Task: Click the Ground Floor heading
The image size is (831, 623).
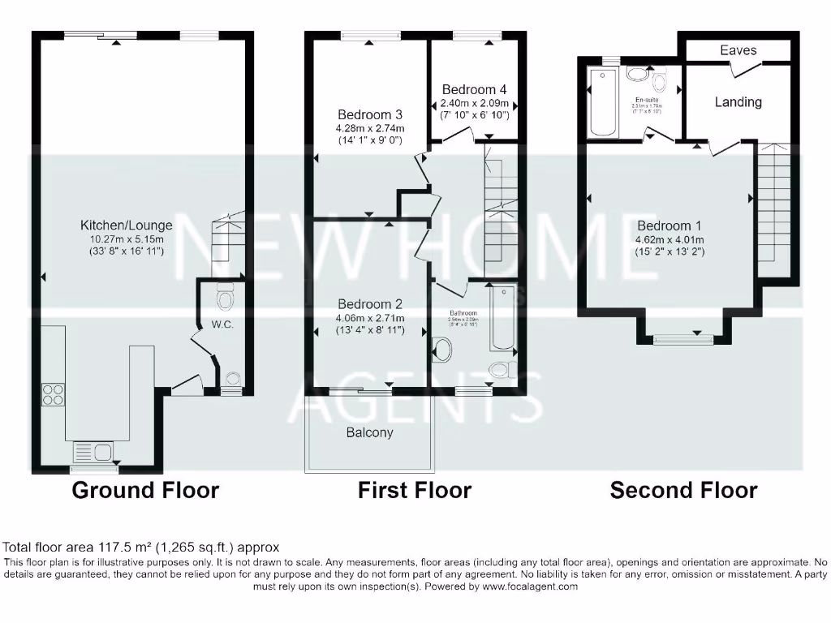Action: (145, 490)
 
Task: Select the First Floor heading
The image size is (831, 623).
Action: (415, 490)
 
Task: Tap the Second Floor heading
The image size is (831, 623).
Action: (684, 490)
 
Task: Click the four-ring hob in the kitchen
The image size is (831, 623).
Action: (54, 394)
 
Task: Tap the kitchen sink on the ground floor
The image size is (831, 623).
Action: (96, 451)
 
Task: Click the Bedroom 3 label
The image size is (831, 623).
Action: (370, 114)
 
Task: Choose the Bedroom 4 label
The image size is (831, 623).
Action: (475, 89)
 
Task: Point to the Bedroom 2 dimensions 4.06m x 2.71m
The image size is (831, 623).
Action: (370, 317)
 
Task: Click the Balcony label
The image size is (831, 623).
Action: (369, 432)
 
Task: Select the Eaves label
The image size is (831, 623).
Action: (738, 50)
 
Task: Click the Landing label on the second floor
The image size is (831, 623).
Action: (738, 101)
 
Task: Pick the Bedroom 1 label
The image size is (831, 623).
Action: (670, 226)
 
